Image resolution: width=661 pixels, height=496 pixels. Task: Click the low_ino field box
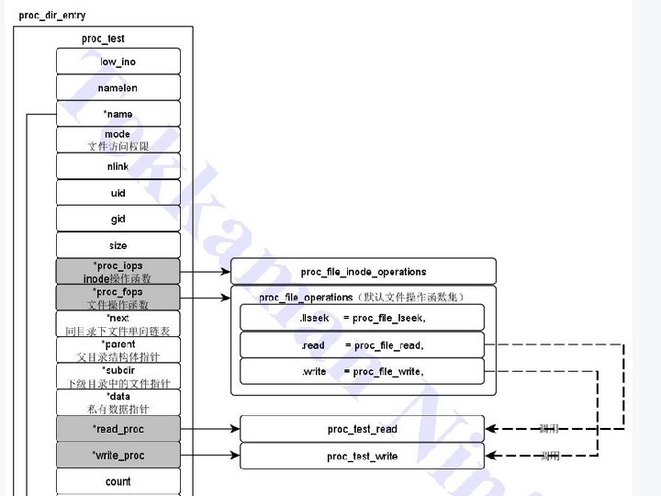point(118,62)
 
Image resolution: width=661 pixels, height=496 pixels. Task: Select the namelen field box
point(118,88)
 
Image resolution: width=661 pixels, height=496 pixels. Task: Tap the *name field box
point(118,114)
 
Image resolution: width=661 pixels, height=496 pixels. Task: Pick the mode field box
point(118,140)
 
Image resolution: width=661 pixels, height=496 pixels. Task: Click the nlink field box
point(118,166)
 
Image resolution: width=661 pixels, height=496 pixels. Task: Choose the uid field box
point(118,193)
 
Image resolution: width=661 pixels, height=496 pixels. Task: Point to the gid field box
point(118,219)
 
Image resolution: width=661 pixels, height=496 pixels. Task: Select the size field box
point(118,245)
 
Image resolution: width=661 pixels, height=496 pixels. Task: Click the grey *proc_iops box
point(118,271)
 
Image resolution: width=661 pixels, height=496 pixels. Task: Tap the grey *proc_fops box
point(118,298)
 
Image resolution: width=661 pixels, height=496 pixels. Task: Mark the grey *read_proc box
point(118,429)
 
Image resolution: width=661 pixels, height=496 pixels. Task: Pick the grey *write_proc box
point(118,456)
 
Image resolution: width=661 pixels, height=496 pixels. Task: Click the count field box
point(118,481)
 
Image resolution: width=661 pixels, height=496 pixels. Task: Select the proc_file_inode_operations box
point(363,272)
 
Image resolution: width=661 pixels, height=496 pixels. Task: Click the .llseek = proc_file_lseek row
point(362,318)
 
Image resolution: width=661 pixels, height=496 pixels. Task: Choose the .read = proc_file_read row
point(362,345)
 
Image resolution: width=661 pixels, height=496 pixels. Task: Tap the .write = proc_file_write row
point(362,371)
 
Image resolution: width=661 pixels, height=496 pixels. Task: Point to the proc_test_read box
point(362,429)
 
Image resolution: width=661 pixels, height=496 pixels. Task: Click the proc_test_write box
point(362,457)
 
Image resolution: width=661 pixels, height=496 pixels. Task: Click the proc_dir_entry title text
point(52,16)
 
